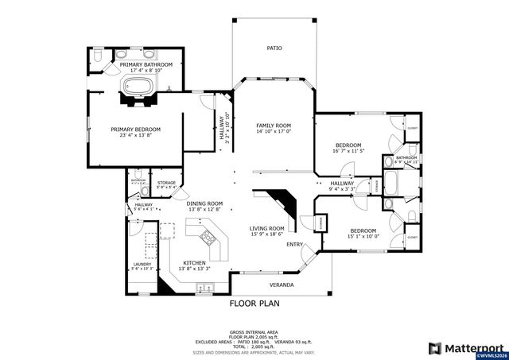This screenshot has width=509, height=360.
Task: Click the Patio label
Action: pyautogui.click(x=274, y=48)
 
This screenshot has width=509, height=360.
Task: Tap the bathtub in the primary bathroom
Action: pyautogui.click(x=141, y=87)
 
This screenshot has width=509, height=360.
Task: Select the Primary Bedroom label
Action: pyautogui.click(x=135, y=130)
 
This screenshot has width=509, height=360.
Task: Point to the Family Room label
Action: pyautogui.click(x=274, y=126)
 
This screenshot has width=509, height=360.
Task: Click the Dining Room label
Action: pyautogui.click(x=204, y=203)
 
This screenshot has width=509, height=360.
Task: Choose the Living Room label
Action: pyautogui.click(x=266, y=228)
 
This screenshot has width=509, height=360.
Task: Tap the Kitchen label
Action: pyautogui.click(x=195, y=262)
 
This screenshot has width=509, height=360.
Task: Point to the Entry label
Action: pyautogui.click(x=295, y=244)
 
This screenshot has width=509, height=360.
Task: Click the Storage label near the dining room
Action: pyautogui.click(x=166, y=183)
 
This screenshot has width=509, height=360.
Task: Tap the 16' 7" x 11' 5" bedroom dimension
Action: pyautogui.click(x=348, y=150)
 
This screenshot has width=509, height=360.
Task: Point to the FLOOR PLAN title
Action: pyautogui.click(x=254, y=303)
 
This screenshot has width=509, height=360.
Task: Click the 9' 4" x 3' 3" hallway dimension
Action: pyautogui.click(x=343, y=189)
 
